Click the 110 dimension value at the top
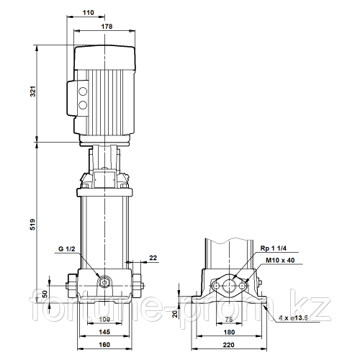click(88, 12)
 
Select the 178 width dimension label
click(107, 27)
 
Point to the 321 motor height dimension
click(32, 91)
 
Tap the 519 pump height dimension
click(32, 225)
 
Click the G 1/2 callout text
click(67, 249)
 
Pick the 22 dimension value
click(153, 258)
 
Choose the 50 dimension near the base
click(45, 294)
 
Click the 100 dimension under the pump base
click(104, 319)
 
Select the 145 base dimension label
click(104, 332)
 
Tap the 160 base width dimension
click(104, 345)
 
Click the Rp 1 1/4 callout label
click(274, 248)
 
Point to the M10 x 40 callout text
click(280, 260)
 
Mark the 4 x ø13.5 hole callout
click(293, 318)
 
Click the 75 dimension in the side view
click(229, 320)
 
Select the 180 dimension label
click(229, 332)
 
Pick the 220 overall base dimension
click(228, 345)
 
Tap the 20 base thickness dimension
click(175, 314)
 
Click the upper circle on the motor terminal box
click(83, 91)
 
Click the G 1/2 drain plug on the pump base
click(104, 282)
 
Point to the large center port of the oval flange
click(229, 286)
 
